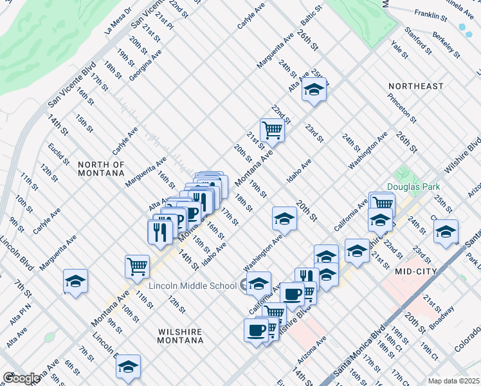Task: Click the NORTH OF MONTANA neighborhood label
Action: (x=101, y=169)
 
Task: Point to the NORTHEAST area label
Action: (x=415, y=86)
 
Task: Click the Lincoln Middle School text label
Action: (x=193, y=286)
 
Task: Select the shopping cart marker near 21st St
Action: (x=272, y=130)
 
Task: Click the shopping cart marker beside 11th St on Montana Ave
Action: (x=138, y=265)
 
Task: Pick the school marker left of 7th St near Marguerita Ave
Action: (x=75, y=280)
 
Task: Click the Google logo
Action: (x=21, y=378)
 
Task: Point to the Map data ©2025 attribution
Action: (x=453, y=381)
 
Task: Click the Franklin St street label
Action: (x=430, y=14)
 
